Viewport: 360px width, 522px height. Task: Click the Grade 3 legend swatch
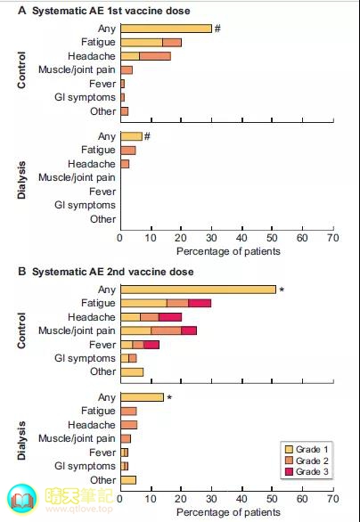pyautogui.click(x=289, y=471)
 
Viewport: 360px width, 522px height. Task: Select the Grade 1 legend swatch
pyautogui.click(x=289, y=450)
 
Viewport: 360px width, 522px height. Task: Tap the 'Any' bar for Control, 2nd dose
pyautogui.click(x=199, y=290)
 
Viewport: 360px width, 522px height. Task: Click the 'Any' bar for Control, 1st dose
pyautogui.click(x=166, y=29)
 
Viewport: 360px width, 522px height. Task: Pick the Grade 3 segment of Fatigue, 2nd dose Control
pyautogui.click(x=200, y=303)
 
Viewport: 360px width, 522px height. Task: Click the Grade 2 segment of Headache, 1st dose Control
pyautogui.click(x=155, y=56)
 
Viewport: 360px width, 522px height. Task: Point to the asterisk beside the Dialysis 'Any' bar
pyautogui.click(x=169, y=398)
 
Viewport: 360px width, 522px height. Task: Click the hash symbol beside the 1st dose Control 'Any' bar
pyautogui.click(x=217, y=29)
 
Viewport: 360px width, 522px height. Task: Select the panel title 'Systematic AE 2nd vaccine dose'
pyautogui.click(x=112, y=272)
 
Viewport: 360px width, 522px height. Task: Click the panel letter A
pyautogui.click(x=22, y=11)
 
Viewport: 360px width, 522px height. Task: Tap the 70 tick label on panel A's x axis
pyautogui.click(x=332, y=238)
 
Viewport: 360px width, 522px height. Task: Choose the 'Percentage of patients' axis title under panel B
pyautogui.click(x=228, y=511)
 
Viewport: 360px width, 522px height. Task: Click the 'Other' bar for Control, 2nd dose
pyautogui.click(x=132, y=371)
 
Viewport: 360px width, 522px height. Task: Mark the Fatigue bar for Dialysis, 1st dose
pyautogui.click(x=128, y=151)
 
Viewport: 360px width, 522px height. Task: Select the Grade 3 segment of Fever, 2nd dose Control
pyautogui.click(x=151, y=345)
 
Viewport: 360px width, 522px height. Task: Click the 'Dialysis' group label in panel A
pyautogui.click(x=21, y=180)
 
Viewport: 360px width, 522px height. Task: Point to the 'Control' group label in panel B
pyautogui.click(x=21, y=330)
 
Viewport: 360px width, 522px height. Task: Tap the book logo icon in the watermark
pyautogui.click(x=22, y=498)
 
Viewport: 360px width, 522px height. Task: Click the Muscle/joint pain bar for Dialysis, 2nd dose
pyautogui.click(x=126, y=439)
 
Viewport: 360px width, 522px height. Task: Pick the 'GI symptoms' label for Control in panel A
pyautogui.click(x=85, y=98)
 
